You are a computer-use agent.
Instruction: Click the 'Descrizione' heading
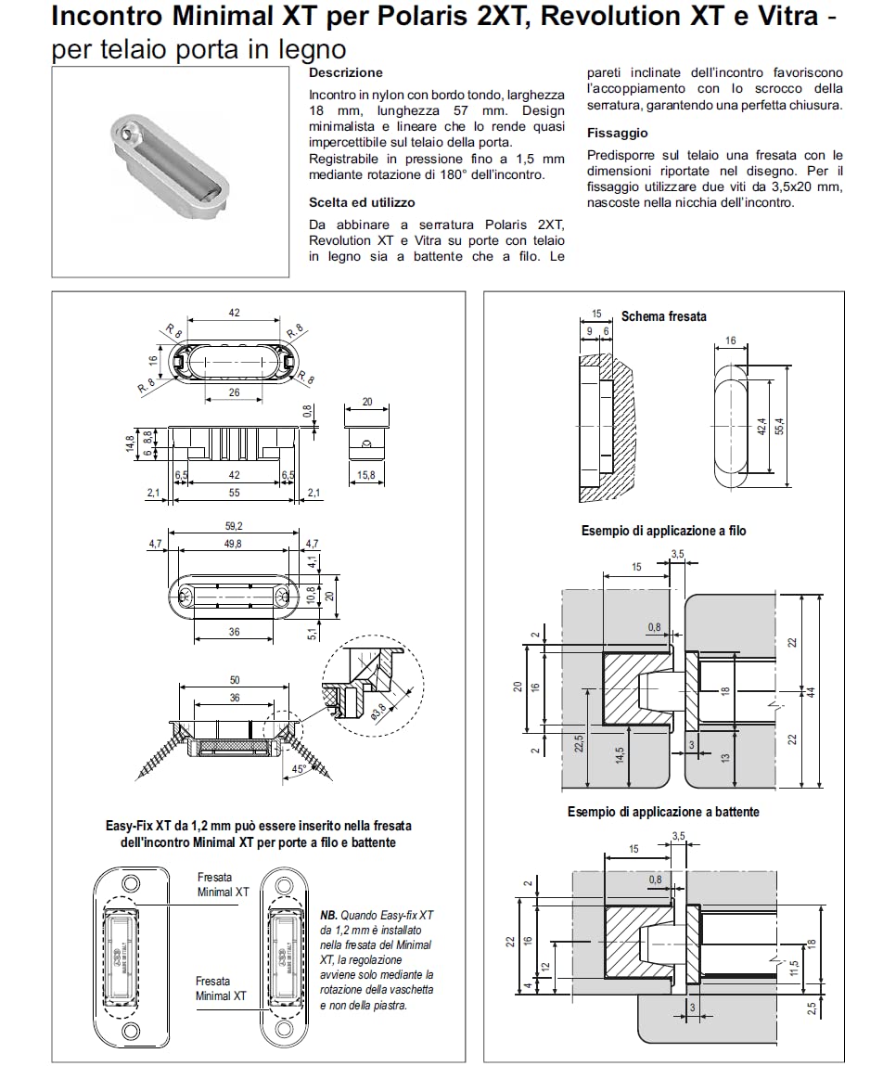pos(345,72)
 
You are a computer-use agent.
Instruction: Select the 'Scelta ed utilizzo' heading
pos(362,202)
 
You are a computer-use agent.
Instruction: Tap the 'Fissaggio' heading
pos(617,133)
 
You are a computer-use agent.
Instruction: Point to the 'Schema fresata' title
pos(663,316)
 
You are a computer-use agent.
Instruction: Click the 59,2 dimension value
pos(234,526)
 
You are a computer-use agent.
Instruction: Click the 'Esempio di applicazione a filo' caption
pos(663,532)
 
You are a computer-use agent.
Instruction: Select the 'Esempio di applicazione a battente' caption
pos(663,812)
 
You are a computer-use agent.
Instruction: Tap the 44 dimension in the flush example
pos(810,691)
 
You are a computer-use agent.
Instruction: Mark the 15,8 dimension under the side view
pos(366,476)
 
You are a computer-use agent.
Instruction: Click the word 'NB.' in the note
pos(329,914)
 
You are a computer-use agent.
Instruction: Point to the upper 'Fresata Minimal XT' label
pos(223,884)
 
